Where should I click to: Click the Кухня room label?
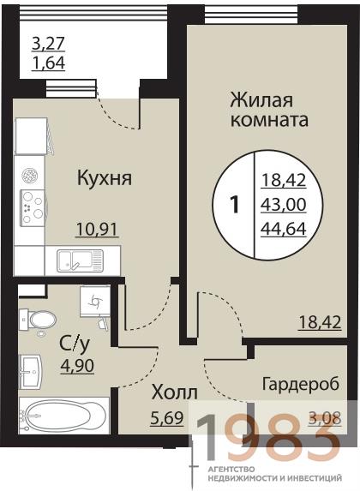pyautogui.click(x=104, y=179)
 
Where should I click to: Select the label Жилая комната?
pyautogui.click(x=269, y=108)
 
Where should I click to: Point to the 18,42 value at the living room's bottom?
pyautogui.click(x=320, y=322)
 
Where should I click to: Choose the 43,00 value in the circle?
pyautogui.click(x=283, y=205)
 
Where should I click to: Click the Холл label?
pyautogui.click(x=174, y=394)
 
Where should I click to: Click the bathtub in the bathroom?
pyautogui.click(x=60, y=420)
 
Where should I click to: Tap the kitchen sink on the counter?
pyautogui.click(x=79, y=259)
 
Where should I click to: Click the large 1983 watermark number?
pyautogui.click(x=265, y=434)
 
